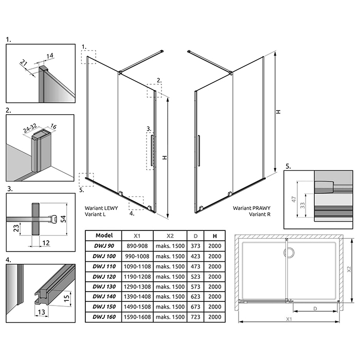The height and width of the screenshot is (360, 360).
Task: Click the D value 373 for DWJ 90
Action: point(195,246)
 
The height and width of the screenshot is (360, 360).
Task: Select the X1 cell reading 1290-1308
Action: point(137,286)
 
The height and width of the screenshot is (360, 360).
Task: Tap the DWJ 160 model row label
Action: point(104,317)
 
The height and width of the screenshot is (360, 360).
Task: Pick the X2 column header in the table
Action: point(170,236)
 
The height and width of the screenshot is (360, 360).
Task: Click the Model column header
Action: point(104,236)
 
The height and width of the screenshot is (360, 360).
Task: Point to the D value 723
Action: point(195,317)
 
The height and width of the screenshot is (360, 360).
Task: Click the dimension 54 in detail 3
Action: point(63,219)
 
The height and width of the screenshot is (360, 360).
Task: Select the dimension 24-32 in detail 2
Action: point(30,128)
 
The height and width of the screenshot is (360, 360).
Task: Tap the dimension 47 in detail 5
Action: point(294,199)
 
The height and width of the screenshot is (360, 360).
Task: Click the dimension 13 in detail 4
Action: point(41,312)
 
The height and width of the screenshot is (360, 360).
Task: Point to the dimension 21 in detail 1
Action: point(23,62)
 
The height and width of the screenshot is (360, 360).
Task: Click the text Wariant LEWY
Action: point(101,208)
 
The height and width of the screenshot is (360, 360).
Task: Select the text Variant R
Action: point(260,214)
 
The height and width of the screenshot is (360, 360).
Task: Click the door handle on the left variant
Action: point(152,150)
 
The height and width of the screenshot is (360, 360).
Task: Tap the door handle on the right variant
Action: point(199,151)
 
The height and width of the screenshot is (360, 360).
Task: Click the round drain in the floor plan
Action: point(289,253)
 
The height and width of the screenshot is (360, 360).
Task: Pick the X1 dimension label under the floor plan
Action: point(289,319)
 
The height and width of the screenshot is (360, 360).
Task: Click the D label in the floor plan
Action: point(315,309)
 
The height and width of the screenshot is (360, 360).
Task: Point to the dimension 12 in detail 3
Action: point(46,243)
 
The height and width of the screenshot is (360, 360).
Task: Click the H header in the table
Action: point(214,236)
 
